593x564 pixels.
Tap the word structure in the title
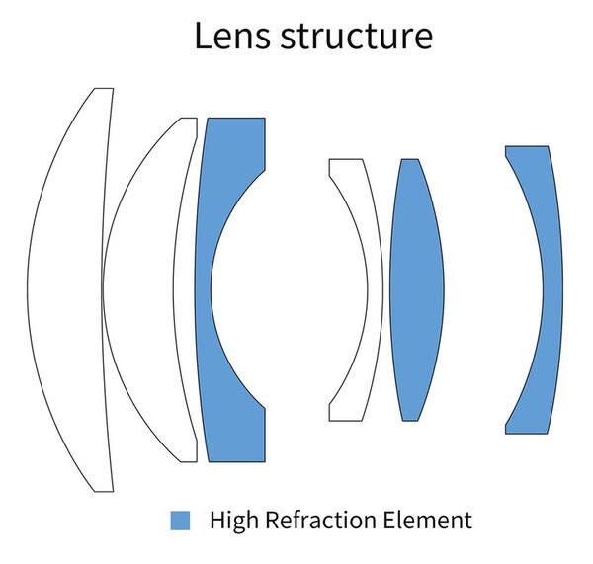pyautogui.click(x=356, y=37)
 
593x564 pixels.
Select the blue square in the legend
pyautogui.click(x=180, y=521)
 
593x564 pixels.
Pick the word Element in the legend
pyautogui.click(x=430, y=521)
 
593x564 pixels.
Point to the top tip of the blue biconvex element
pyautogui.click(x=409, y=160)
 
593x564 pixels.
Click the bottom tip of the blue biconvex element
pyautogui.click(x=409, y=419)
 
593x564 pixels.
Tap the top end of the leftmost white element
pyautogui.click(x=103, y=90)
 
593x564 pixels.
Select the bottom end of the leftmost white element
pyautogui.click(x=103, y=490)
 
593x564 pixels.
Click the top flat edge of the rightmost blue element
pyautogui.click(x=527, y=148)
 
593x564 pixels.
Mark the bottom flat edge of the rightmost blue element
pyautogui.click(x=527, y=432)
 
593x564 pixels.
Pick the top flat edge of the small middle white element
pyautogui.click(x=346, y=160)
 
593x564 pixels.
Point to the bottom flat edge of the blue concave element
pyautogui.click(x=235, y=460)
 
